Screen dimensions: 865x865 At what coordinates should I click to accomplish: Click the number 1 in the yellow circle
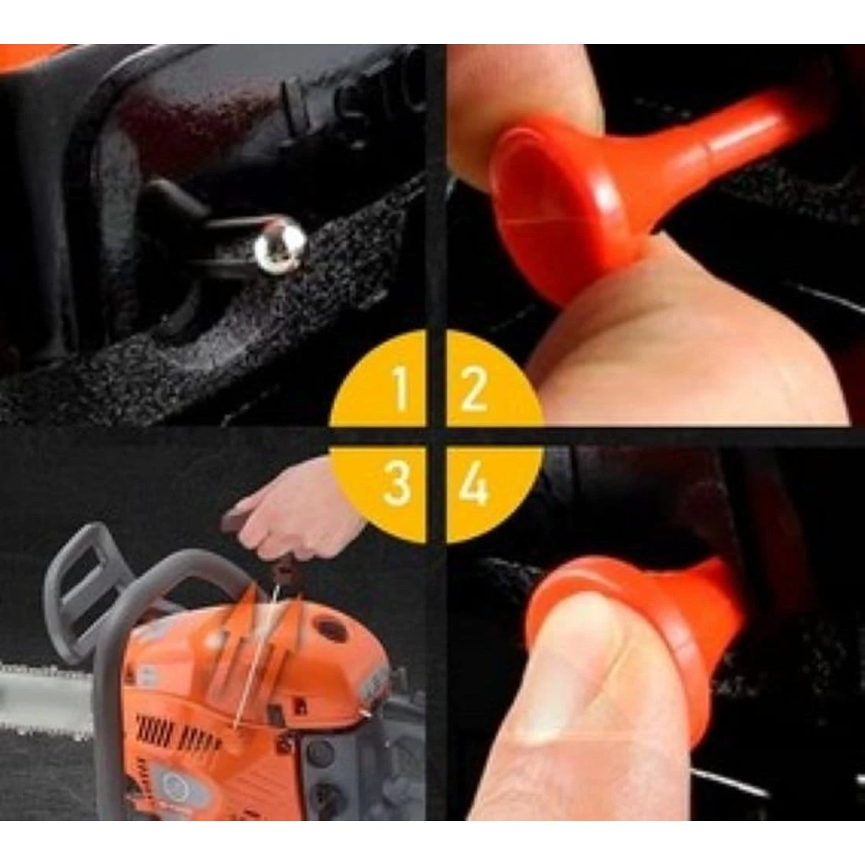[x=400, y=388]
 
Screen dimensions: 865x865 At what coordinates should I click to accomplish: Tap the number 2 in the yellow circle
[x=473, y=388]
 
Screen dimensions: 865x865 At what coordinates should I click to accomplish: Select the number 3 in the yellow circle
[x=396, y=484]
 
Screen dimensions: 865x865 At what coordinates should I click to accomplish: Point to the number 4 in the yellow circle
[x=474, y=484]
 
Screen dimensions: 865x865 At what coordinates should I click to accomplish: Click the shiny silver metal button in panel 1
[x=280, y=242]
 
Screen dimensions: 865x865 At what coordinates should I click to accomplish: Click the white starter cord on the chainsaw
[x=255, y=657]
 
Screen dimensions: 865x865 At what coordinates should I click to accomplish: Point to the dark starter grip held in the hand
[x=238, y=521]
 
